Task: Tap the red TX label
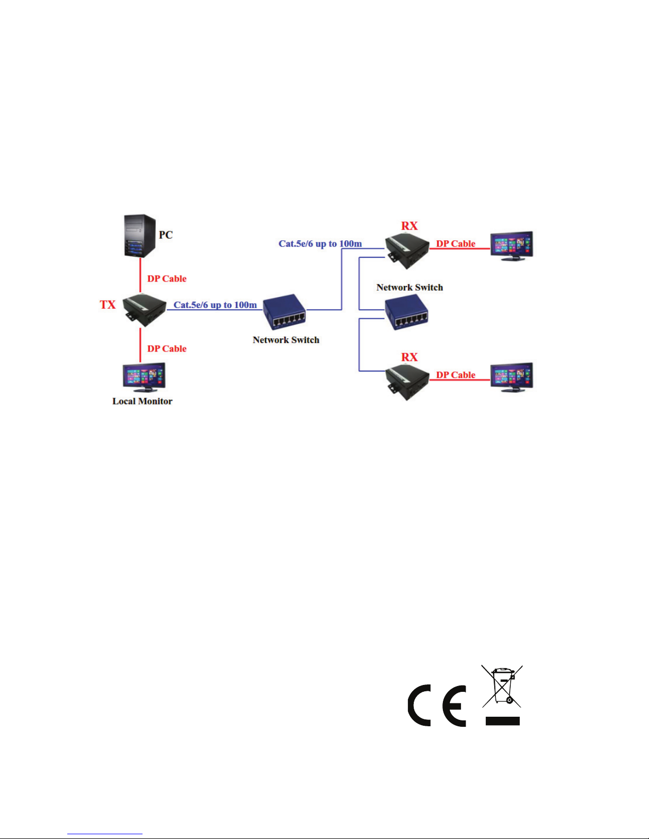108,305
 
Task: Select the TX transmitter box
144,309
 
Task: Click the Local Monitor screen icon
143,376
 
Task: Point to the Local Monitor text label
142,401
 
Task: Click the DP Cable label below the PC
167,279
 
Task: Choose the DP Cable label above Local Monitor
167,349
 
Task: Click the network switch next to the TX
285,313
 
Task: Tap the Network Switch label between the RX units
410,287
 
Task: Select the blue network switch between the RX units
406,312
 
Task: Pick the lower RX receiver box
407,381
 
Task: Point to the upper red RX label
409,226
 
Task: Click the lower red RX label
409,357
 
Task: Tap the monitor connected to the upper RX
511,246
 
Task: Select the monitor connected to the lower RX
511,377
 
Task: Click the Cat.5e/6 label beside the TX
215,305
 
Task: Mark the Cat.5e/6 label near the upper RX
320,244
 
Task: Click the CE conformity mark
437,706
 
